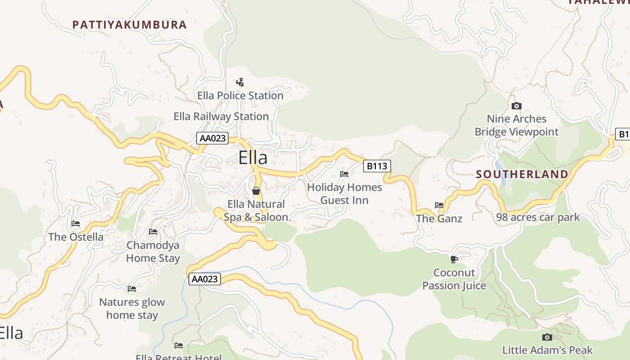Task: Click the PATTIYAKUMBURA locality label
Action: click(x=130, y=25)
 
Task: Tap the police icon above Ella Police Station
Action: click(x=240, y=82)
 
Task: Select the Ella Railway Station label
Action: click(x=221, y=117)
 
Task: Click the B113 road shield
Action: click(x=377, y=166)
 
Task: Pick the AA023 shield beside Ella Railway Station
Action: click(x=212, y=138)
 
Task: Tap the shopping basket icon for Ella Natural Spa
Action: click(x=256, y=191)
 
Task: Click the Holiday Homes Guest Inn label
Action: click(x=344, y=193)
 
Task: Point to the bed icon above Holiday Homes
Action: click(x=344, y=174)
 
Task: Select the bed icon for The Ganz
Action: click(x=439, y=205)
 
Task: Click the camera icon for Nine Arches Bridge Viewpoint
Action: click(x=517, y=106)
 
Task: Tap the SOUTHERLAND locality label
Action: click(x=522, y=174)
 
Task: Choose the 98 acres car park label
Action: click(x=538, y=218)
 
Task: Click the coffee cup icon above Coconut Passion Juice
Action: click(x=454, y=259)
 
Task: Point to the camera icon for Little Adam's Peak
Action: click(x=547, y=337)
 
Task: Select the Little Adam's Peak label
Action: click(x=547, y=350)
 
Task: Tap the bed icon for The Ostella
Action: click(x=76, y=223)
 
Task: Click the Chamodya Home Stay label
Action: click(x=153, y=252)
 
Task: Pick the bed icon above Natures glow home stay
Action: click(x=132, y=288)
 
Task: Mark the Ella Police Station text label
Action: click(x=240, y=96)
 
